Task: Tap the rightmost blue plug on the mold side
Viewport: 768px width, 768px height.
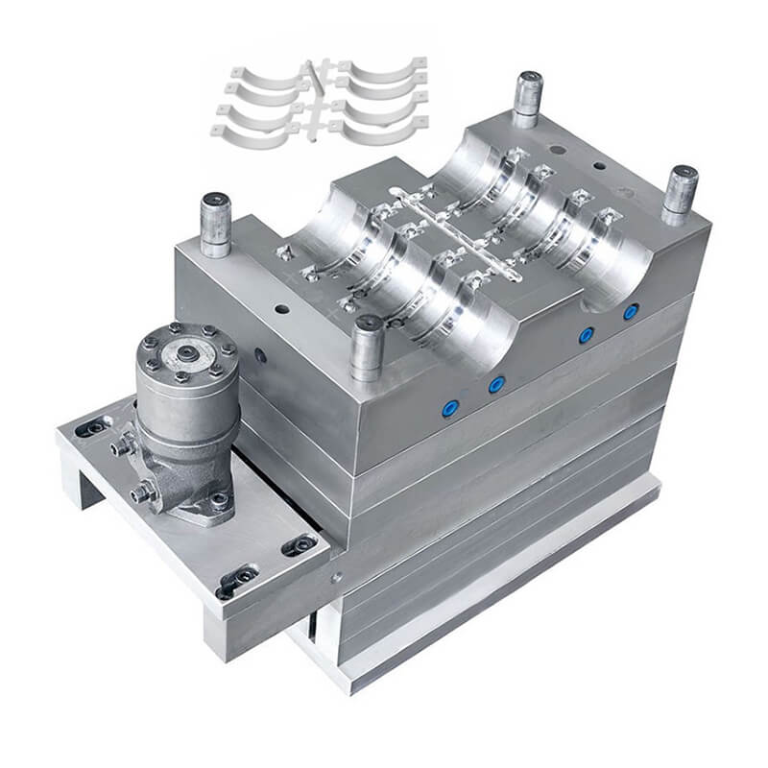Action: [x=631, y=312]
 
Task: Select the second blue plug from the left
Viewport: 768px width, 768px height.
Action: [x=495, y=385]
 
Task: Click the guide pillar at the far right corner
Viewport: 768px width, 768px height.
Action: [x=680, y=195]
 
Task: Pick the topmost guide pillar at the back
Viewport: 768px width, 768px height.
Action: [x=527, y=99]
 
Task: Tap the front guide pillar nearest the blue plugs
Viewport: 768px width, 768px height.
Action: [x=367, y=348]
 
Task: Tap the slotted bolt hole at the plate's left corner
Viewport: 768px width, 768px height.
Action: [x=93, y=428]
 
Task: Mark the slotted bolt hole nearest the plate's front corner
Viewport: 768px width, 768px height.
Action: [x=234, y=579]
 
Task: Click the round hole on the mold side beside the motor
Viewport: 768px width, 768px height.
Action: [x=260, y=355]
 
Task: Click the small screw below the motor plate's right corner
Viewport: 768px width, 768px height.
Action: [x=337, y=577]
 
